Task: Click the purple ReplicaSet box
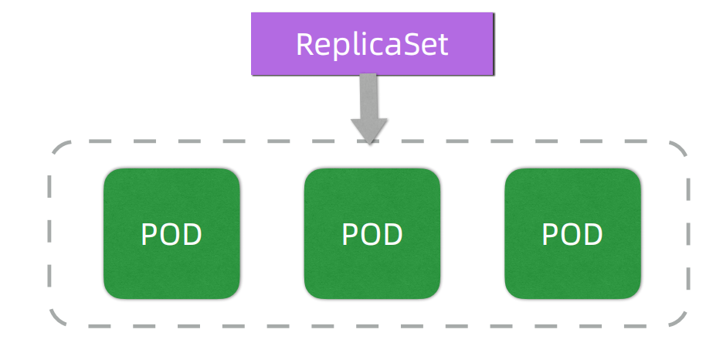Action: pyautogui.click(x=372, y=44)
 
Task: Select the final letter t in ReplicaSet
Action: pyautogui.click(x=443, y=45)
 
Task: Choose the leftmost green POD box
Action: pyautogui.click(x=171, y=234)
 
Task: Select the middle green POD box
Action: pyautogui.click(x=372, y=234)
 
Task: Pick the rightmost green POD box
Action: pyautogui.click(x=572, y=234)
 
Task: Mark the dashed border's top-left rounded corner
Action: pyautogui.click(x=57, y=151)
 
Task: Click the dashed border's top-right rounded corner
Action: pyautogui.click(x=679, y=151)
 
